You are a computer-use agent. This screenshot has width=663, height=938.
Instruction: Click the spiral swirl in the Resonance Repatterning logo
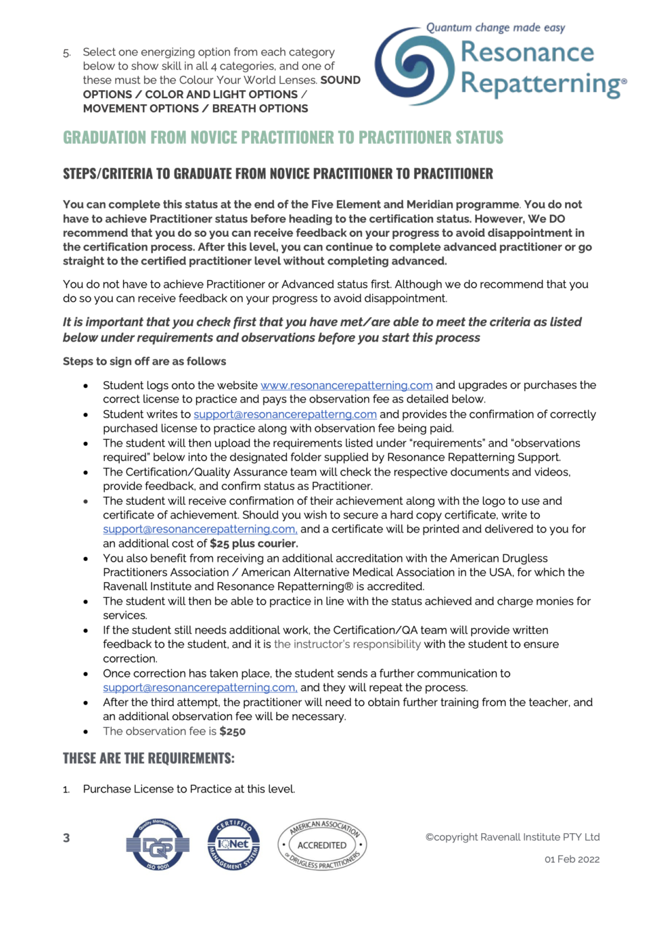(414, 66)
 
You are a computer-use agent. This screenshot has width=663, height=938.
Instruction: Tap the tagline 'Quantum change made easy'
(495, 28)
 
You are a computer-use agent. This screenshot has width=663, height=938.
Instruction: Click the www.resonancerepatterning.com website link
(346, 385)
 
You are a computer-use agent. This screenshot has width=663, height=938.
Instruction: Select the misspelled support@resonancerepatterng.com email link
(285, 414)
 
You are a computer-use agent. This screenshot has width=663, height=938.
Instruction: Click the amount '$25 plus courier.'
(254, 543)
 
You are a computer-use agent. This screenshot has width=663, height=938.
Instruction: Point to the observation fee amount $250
(232, 732)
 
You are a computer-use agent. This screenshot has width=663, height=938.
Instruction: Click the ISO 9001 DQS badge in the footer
(158, 845)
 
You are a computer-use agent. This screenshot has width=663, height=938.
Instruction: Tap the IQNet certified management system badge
(233, 844)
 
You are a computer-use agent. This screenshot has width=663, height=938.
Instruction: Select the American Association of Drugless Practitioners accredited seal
(322, 845)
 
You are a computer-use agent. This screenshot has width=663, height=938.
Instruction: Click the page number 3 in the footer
(66, 838)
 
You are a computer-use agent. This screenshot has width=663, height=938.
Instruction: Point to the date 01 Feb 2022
(572, 859)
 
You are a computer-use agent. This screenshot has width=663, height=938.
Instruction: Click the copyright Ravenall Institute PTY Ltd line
(512, 837)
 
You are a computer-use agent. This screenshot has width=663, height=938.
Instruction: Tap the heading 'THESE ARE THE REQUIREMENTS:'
(148, 759)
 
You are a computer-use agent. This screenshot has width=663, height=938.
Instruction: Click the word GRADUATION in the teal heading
(104, 137)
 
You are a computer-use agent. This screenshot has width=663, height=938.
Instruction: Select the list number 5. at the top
(66, 53)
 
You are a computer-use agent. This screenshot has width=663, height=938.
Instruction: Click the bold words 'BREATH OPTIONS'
(260, 108)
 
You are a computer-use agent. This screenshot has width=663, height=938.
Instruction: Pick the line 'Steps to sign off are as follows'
(144, 361)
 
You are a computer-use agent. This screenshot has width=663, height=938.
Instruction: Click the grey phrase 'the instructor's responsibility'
(347, 644)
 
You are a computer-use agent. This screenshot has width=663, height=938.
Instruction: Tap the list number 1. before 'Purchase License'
(66, 790)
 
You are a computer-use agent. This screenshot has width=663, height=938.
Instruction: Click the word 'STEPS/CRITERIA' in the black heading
(108, 174)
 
